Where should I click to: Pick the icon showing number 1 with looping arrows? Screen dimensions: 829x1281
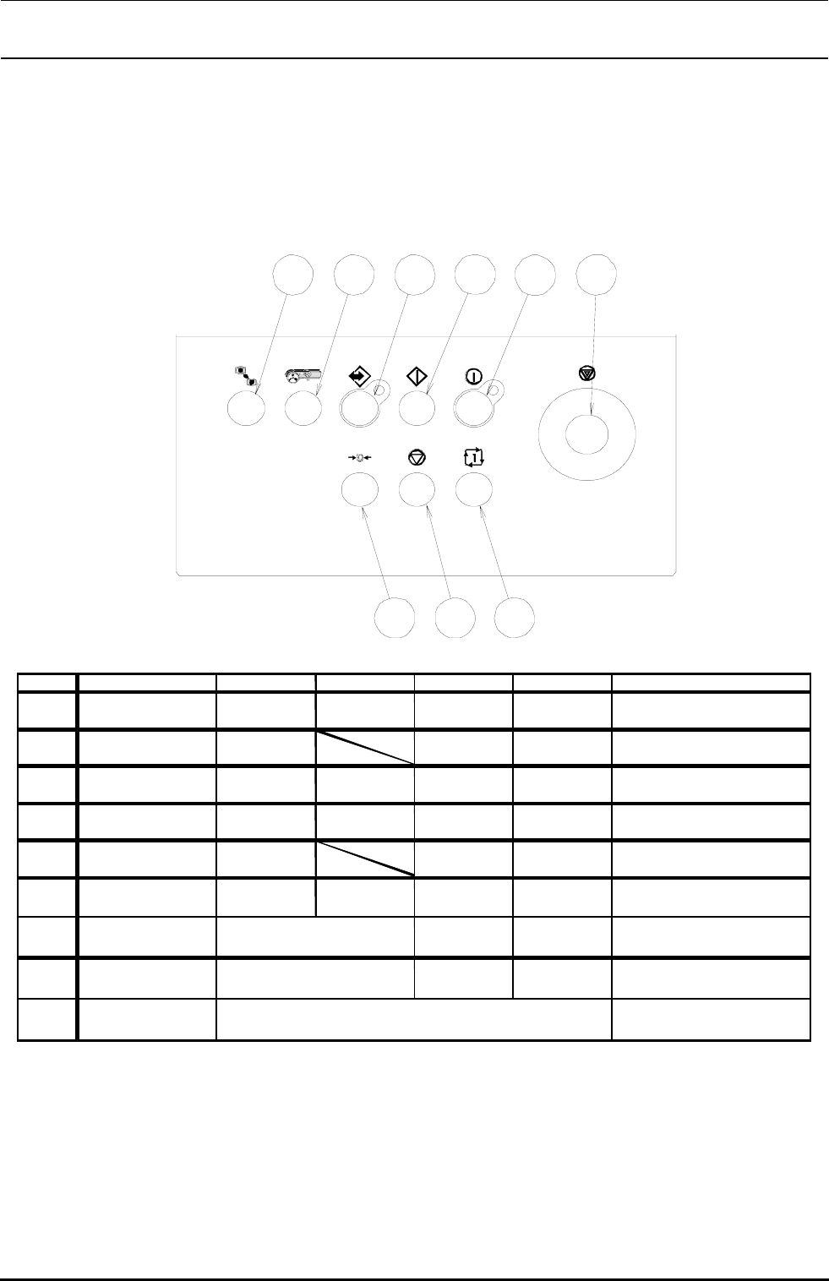click(474, 458)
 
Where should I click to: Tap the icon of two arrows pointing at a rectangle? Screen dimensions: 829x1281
click(358, 458)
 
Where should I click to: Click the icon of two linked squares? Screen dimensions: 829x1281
click(245, 375)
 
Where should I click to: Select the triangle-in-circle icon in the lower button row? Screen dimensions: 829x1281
click(416, 458)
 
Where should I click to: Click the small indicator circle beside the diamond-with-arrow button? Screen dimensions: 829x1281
click(385, 390)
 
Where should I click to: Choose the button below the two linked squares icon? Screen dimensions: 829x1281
click(247, 409)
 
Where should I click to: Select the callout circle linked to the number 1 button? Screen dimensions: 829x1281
click(515, 618)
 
